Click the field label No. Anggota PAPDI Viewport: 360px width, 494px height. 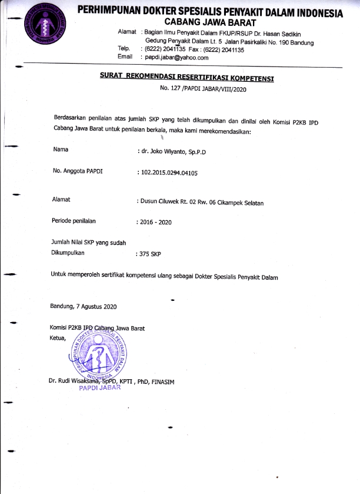[x=78, y=172]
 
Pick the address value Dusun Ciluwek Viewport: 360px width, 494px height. [x=201, y=202]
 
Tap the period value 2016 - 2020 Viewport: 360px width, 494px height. [x=154, y=223]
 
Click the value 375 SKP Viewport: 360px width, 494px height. [x=149, y=254]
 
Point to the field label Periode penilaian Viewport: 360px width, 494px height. [x=74, y=221]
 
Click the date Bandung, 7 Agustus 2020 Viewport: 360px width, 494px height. [x=84, y=307]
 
